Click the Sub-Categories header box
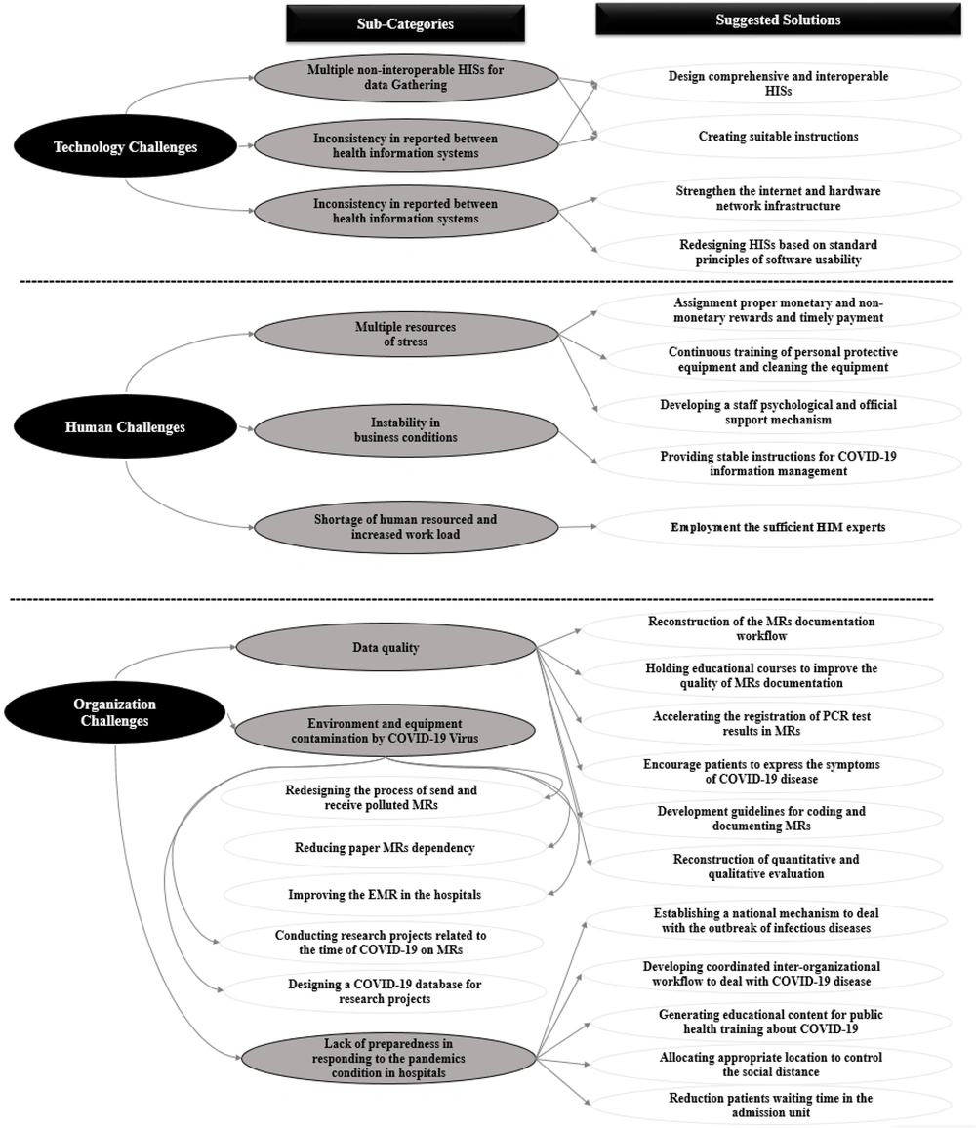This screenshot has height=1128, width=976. point(405,23)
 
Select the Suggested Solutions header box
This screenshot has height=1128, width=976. point(778,20)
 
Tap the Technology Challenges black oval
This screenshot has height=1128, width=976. point(125,147)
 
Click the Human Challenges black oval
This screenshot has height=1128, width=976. point(125,427)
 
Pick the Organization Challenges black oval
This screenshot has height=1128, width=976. point(114,712)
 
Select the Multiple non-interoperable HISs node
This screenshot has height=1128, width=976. point(406,78)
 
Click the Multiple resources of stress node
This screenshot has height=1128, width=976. point(406,335)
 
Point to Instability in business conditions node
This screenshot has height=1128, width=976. point(406,430)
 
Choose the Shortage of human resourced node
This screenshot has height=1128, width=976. point(406,527)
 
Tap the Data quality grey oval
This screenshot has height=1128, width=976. point(386,648)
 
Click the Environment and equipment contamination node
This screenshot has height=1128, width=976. point(386,731)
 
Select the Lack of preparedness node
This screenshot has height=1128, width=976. point(388,1058)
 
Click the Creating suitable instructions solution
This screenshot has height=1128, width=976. point(779,136)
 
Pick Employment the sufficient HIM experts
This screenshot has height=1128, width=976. point(779,527)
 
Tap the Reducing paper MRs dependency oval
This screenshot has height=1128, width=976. point(386,848)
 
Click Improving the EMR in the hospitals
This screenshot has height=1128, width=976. point(386,895)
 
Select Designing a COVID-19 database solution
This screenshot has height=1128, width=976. point(386,991)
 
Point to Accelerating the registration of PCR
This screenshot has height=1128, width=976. point(761,724)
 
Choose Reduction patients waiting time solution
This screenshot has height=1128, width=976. point(771,1105)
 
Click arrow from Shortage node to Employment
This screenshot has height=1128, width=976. point(578,527)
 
